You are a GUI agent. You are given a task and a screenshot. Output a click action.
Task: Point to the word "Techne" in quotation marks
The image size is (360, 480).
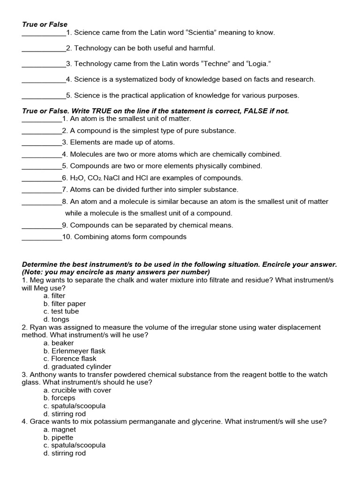[x=216, y=64]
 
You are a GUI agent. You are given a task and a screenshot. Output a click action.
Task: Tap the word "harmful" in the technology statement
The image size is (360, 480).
[x=202, y=48]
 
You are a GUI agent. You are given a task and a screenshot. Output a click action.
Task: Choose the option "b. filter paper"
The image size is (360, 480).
[x=65, y=304]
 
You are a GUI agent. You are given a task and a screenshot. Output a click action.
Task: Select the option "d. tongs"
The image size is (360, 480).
[x=56, y=320]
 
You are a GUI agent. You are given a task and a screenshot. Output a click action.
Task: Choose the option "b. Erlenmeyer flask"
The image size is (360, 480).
[x=75, y=351]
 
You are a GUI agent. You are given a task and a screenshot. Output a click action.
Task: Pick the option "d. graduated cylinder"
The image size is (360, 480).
[x=77, y=367]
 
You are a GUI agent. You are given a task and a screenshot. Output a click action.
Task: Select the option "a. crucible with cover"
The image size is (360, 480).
[x=77, y=390]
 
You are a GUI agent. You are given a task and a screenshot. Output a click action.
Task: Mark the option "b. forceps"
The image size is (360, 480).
[x=60, y=398]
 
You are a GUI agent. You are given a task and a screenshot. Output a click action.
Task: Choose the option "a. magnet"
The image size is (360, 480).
[x=60, y=430]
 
